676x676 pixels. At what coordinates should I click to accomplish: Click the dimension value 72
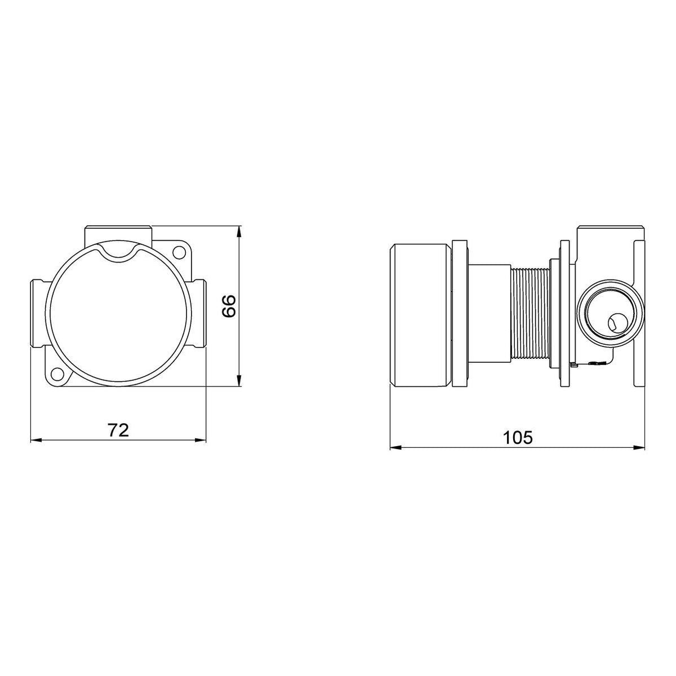tap(118, 430)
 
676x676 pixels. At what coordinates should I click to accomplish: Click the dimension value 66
tap(230, 306)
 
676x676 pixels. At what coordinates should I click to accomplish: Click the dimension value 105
tap(518, 438)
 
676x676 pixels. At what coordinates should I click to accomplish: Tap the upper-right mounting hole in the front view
tap(180, 251)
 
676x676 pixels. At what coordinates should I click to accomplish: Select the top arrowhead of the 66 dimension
tap(239, 232)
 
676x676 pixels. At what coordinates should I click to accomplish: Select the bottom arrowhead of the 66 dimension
tap(239, 380)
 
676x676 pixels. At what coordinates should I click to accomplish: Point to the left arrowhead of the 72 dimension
tap(37, 441)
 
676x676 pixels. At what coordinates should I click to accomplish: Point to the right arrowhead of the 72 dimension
tap(199, 441)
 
